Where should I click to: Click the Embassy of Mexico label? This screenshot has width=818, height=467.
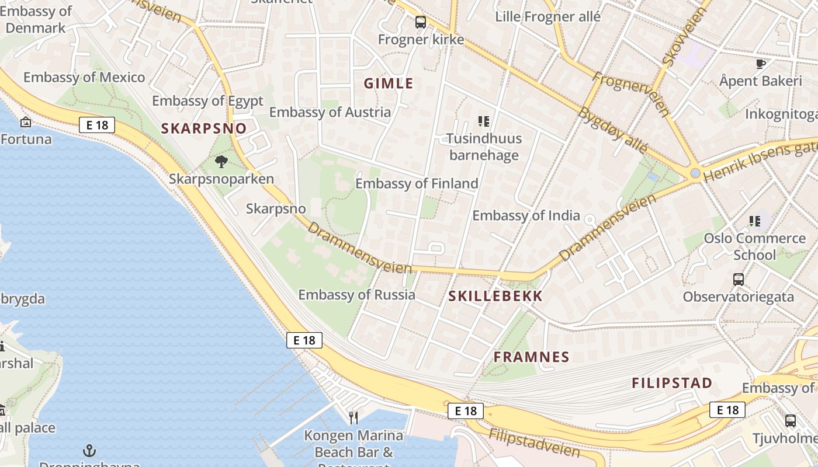84,78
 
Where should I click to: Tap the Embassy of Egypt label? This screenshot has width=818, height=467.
207,101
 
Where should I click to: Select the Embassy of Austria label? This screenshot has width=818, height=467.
330,112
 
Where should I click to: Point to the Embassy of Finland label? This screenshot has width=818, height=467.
417,184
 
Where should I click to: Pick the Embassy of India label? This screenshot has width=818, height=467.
526,215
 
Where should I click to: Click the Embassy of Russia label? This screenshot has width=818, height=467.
356,295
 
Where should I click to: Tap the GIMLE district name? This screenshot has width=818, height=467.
389,83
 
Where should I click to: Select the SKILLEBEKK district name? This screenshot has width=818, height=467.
495,297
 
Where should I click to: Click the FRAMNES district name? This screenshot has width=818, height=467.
531,357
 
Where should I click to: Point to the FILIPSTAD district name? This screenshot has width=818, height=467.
672,384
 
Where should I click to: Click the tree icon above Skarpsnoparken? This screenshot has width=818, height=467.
221,162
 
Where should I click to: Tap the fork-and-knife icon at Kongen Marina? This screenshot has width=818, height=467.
353,417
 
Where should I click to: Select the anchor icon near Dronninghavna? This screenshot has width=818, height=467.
89,451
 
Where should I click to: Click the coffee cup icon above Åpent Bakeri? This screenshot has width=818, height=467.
760,64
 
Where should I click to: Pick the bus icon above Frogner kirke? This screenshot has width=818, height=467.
421,23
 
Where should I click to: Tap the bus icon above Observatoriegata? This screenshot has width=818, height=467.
739,279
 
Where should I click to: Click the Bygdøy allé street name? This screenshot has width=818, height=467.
612,130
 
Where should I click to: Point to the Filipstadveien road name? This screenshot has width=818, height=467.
534,442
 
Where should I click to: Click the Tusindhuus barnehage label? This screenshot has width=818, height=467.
484,147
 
